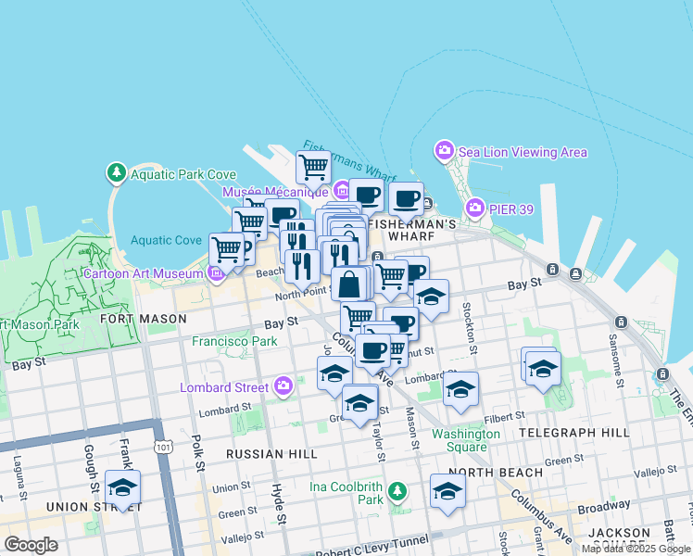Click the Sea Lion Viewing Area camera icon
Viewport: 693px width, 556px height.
pos(445,150)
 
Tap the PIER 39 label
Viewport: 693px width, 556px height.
pos(511,209)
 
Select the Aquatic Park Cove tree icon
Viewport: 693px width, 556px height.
pos(116,172)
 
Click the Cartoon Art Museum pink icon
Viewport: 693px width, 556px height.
pos(216,273)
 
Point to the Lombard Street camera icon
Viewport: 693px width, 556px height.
pos(283,386)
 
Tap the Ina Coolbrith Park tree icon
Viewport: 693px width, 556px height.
pos(397,490)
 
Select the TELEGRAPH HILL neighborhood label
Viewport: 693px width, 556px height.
pos(574,432)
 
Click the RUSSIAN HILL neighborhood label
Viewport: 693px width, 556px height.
pos(271,454)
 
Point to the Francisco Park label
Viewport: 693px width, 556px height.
pos(234,341)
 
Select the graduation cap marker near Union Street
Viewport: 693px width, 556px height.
pos(122,486)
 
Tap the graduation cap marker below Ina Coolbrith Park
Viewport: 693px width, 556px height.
pos(447,491)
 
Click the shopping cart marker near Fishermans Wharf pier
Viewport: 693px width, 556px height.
pos(313,168)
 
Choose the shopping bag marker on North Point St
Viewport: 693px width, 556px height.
pos(349,284)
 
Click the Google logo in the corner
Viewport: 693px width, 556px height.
pos(31,545)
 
